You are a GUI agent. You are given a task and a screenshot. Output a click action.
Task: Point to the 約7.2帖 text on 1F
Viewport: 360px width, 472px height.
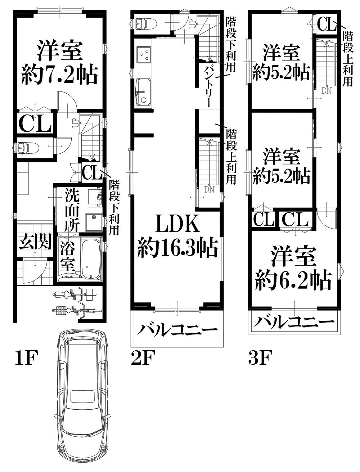pyautogui.click(x=59, y=74)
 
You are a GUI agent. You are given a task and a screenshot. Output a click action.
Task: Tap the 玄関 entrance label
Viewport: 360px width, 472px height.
pyautogui.click(x=35, y=241)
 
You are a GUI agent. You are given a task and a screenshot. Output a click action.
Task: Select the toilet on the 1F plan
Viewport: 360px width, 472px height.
pyautogui.click(x=28, y=148)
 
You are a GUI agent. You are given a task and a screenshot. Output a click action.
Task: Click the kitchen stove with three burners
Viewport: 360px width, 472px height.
pyautogui.click(x=144, y=55)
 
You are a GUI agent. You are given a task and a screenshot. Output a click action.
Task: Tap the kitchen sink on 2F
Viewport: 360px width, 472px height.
pyautogui.click(x=144, y=92)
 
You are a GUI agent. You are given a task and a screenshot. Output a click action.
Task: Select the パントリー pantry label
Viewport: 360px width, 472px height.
pyautogui.click(x=209, y=85)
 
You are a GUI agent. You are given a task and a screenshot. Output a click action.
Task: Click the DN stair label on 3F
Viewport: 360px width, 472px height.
pyautogui.click(x=327, y=91)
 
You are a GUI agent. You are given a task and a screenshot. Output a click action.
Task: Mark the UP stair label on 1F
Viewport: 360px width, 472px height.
pyautogui.click(x=75, y=123)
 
